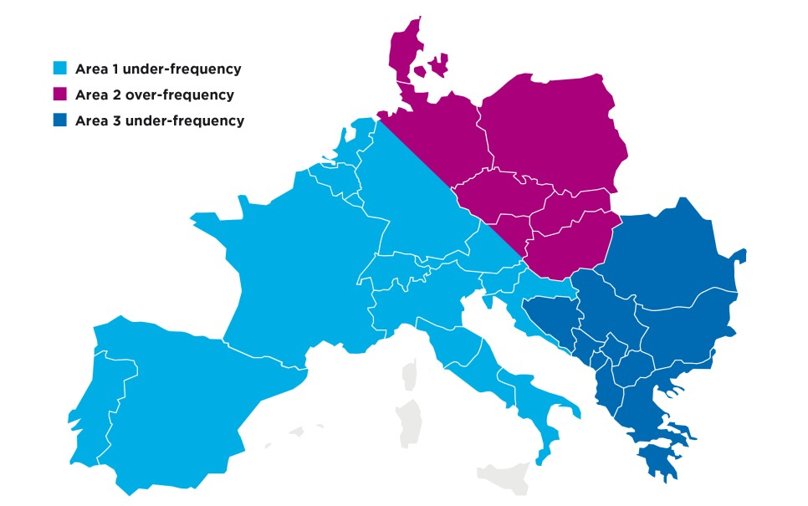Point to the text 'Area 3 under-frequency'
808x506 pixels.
160,120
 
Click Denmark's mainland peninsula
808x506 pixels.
406,50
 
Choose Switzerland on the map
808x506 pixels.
393,268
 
